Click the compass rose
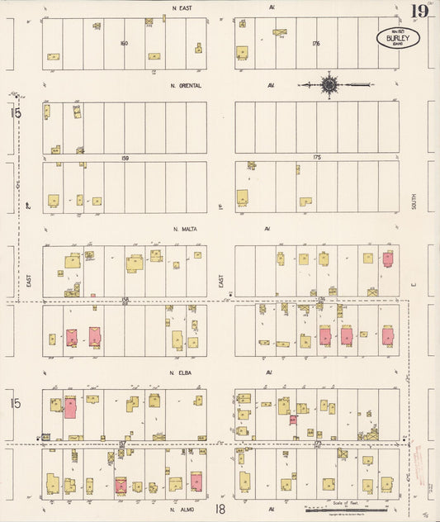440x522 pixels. [x=329, y=84]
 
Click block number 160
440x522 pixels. [x=124, y=43]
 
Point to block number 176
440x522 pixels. [x=316, y=43]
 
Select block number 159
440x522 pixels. [x=125, y=157]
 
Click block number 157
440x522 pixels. [x=122, y=444]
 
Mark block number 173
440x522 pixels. [x=318, y=444]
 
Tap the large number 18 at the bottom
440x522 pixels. [x=220, y=511]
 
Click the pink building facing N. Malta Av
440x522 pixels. [x=387, y=259]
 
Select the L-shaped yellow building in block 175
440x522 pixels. [x=305, y=202]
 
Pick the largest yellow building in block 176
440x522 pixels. [x=243, y=52]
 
